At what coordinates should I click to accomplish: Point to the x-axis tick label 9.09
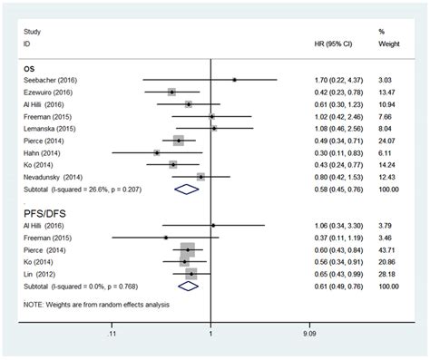tap(309, 333)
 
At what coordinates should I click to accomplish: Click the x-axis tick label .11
tap(112, 333)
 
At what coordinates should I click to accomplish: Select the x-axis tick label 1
tap(210, 333)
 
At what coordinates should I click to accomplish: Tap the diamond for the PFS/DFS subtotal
tap(188, 286)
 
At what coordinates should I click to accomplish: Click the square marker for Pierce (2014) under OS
tap(179, 141)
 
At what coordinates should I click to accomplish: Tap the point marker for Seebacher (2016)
tap(234, 80)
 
